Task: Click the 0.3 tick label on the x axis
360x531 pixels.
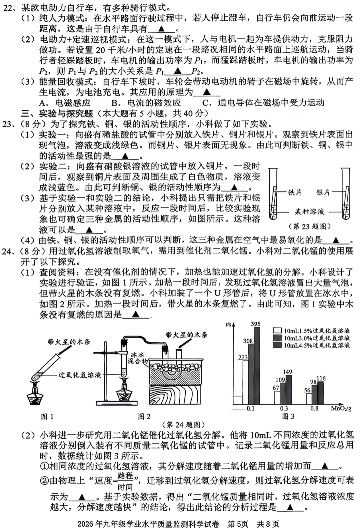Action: coord(284,409)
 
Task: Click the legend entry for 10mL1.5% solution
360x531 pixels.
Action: coord(312,331)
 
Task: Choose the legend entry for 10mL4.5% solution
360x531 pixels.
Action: coord(312,345)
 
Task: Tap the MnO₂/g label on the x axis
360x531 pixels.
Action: coord(341,409)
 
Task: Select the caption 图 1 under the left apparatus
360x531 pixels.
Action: coord(47,417)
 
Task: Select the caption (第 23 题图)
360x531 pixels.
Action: coord(310,226)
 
